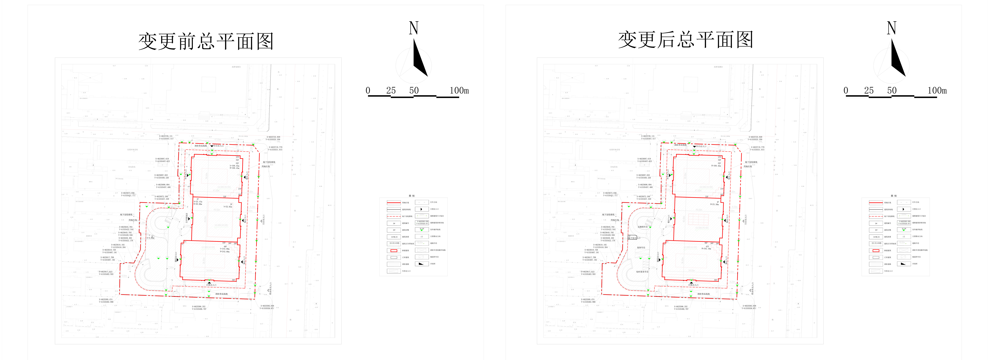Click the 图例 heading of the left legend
pos(412,196)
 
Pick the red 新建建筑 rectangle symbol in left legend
pos(394,250)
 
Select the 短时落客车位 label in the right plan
pos(642,272)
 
